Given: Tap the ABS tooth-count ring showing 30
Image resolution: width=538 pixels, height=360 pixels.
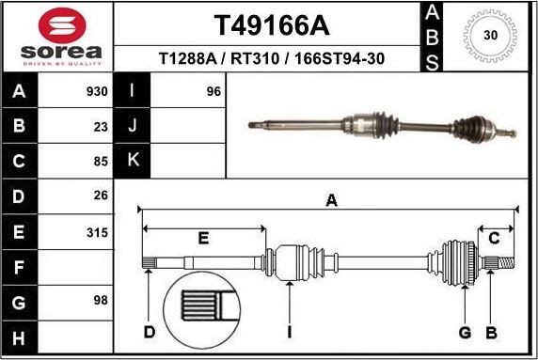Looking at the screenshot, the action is [x=489, y=36].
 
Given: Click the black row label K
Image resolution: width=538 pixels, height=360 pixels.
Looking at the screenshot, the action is [x=133, y=161].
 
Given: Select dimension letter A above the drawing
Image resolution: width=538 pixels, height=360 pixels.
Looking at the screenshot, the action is [x=330, y=199].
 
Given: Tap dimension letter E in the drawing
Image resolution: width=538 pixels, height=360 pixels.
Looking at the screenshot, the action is [x=203, y=238].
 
